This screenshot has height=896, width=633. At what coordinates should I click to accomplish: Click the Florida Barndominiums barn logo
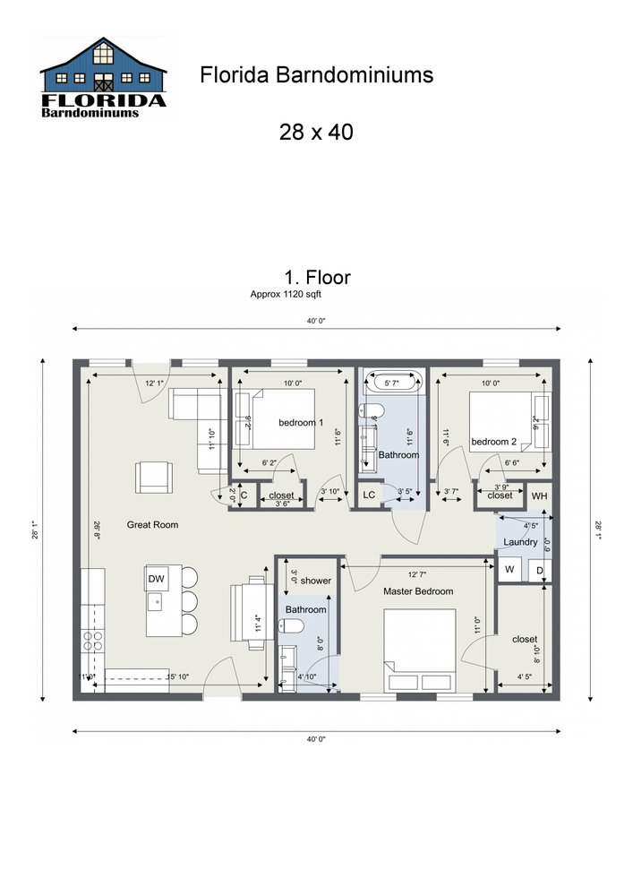coord(104,78)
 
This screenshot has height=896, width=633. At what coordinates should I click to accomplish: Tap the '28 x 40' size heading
coord(316,133)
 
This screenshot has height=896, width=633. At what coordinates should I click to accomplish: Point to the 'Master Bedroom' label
coord(418,591)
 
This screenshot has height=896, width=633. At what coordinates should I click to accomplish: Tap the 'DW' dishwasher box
coord(156,579)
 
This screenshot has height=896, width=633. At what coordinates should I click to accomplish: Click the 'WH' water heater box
coord(539,495)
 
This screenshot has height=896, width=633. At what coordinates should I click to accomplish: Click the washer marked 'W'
coord(509,569)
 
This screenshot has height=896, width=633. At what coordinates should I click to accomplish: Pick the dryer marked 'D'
coord(539,569)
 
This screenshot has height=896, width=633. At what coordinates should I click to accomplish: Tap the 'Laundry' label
coord(520,542)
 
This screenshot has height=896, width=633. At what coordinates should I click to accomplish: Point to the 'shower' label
coord(316,581)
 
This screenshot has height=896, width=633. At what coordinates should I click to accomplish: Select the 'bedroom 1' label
coord(300,422)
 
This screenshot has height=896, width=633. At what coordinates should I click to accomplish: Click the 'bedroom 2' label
coord(494,441)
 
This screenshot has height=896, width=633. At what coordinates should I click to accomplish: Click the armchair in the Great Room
coord(153,476)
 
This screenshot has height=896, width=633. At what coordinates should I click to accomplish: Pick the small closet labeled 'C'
coord(244,495)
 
